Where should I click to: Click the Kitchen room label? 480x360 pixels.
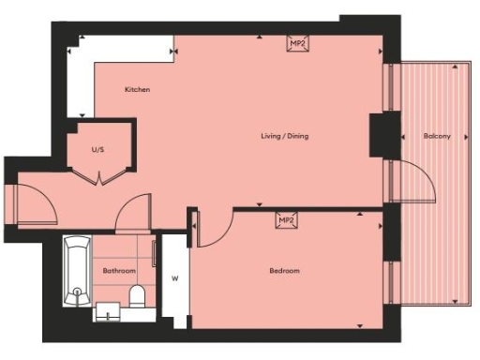click(138, 90)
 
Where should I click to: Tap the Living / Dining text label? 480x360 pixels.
click(284, 137)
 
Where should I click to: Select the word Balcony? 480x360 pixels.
click(437, 137)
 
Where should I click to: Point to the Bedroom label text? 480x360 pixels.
click(284, 271)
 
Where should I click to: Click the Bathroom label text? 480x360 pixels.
click(119, 271)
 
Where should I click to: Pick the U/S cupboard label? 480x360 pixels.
click(97, 149)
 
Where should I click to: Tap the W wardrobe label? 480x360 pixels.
click(174, 277)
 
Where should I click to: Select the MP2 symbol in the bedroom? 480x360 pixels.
click(287, 220)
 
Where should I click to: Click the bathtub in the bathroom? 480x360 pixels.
click(77, 272)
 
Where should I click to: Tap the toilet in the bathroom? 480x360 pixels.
click(137, 298)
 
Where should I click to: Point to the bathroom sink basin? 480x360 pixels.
click(109, 310)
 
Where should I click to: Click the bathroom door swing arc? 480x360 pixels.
click(134, 210)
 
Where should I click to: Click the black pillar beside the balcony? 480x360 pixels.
click(382, 133)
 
